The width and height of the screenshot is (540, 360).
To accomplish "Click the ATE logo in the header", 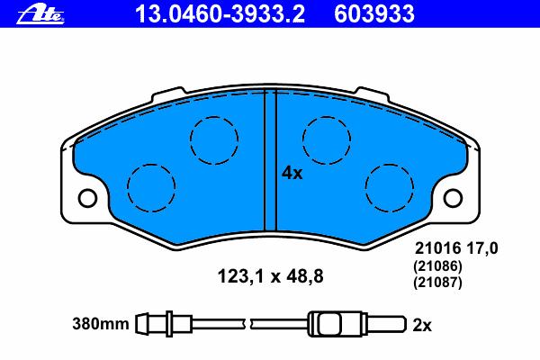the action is [x=40, y=13].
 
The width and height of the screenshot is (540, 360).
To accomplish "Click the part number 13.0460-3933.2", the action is [x=220, y=14].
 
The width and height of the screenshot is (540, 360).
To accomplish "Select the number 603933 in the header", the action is [x=374, y=14].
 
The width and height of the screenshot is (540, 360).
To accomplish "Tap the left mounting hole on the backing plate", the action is [x=87, y=198].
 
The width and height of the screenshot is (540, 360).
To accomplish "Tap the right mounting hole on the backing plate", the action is [x=453, y=198].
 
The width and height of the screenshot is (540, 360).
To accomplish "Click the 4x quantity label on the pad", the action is [x=292, y=173].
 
